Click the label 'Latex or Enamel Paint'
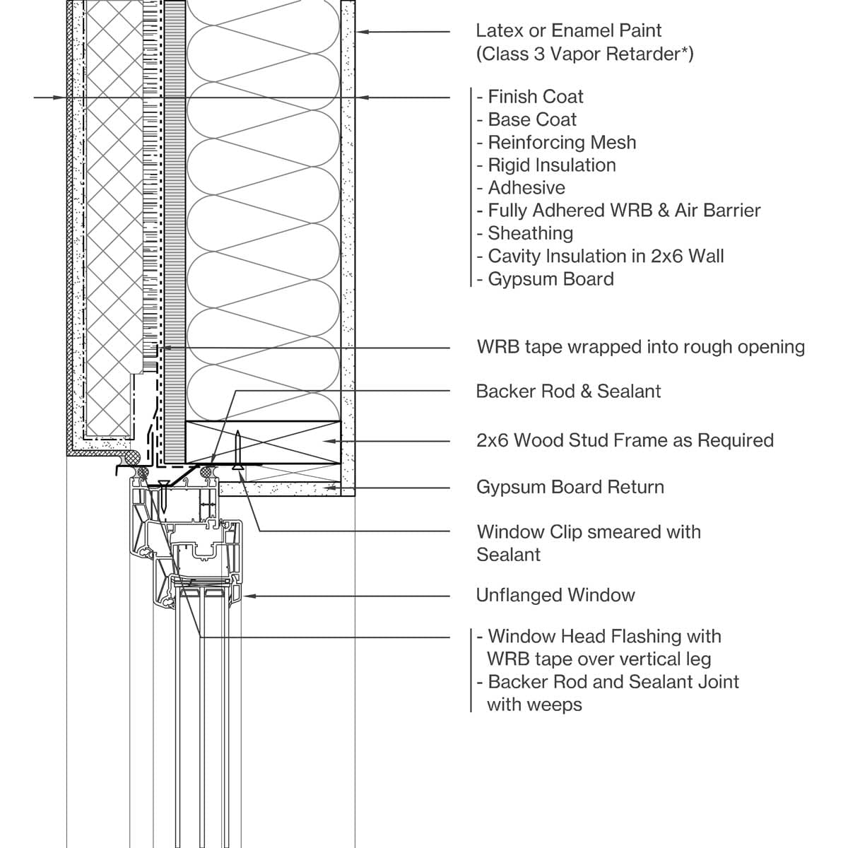point(569,31)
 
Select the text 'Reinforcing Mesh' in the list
point(562,143)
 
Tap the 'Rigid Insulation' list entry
point(552,165)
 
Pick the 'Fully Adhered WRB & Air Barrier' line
point(624,211)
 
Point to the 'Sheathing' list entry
point(530,234)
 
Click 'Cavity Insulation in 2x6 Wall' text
point(606,256)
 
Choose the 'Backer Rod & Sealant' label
point(568,391)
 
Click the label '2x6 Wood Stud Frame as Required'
point(625,440)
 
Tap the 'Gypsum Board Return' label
point(570,487)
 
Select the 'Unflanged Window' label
point(555,596)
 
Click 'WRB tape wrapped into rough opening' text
point(641,347)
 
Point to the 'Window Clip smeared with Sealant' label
point(589,543)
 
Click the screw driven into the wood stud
point(237,450)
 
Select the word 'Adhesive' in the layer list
point(526,188)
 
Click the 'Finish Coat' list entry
point(536,97)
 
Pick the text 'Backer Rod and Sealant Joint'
point(613,682)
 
